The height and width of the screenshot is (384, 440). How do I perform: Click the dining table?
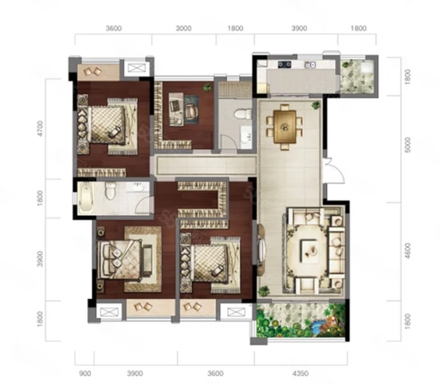pos(285,127)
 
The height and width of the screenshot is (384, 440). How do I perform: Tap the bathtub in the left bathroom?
pos(85,197)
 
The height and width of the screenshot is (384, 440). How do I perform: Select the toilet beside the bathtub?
pos(110,190)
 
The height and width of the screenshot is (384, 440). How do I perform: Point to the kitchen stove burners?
pos(285,65)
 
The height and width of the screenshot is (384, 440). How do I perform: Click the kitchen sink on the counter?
pos(310,65)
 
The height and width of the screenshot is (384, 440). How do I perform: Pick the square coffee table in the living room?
pos(310,251)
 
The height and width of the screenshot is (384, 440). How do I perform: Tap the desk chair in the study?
pos(191,111)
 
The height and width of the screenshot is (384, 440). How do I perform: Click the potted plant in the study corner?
pos(207,88)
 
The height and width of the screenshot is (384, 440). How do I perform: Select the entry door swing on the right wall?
pos(334,171)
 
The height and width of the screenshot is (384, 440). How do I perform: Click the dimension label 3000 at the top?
pos(184,28)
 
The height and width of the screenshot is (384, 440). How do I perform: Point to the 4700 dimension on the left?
pos(40,129)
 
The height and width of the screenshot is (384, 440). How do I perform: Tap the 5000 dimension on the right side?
pos(408,145)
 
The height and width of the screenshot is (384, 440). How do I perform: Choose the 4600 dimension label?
pos(408,251)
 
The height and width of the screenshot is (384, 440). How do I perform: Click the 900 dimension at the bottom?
pos(85,373)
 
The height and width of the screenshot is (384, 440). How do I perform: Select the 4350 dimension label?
pos(300,373)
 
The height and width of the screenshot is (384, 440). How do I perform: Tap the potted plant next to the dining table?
pos(316,105)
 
